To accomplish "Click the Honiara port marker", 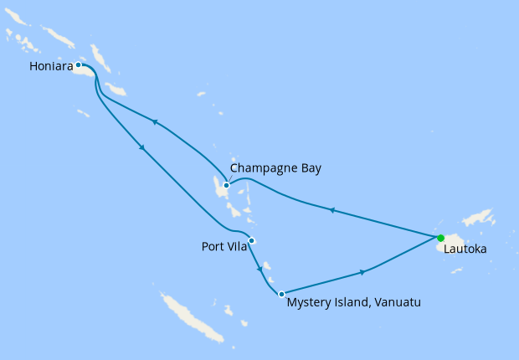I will pyautogui.click(x=79, y=64).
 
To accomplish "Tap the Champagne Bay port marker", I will pyautogui.click(x=226, y=185).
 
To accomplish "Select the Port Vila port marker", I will pyautogui.click(x=251, y=241).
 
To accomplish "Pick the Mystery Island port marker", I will pyautogui.click(x=281, y=294).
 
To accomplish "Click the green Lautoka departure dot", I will pyautogui.click(x=440, y=238).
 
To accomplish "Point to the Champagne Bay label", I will pyautogui.click(x=275, y=168).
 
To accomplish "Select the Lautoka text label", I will pyautogui.click(x=465, y=249).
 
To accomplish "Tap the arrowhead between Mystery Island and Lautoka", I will pyautogui.click(x=362, y=272).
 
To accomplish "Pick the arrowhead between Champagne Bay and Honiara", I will pyautogui.click(x=155, y=122).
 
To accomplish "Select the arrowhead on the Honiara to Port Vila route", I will pyautogui.click(x=142, y=148).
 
